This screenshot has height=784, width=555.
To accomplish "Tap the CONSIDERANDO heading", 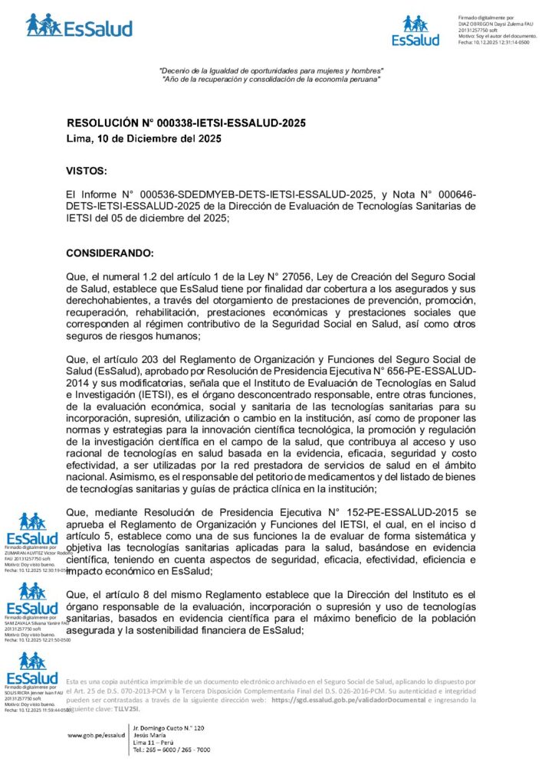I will click(x=110, y=253).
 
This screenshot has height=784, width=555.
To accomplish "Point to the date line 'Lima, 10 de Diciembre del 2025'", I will click(x=144, y=139).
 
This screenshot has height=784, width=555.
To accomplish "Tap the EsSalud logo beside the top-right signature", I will click(x=415, y=31).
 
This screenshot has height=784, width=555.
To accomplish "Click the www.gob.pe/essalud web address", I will click(x=96, y=734).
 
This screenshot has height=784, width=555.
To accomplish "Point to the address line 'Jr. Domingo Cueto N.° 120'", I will click(x=169, y=727).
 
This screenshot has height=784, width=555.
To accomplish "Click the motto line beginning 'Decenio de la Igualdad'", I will click(x=271, y=71).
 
